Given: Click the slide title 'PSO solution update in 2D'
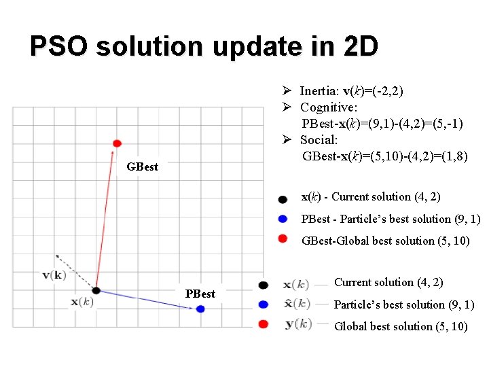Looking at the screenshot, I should (204, 47).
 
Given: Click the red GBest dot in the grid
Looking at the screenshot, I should (117, 143).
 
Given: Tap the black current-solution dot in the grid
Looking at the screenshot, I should (96, 290).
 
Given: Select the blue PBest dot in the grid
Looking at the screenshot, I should (200, 309).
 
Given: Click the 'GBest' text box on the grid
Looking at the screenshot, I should (142, 167).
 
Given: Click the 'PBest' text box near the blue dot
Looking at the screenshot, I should (200, 294).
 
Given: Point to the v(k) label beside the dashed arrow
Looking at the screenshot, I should (54, 275).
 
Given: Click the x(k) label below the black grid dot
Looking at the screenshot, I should (81, 302).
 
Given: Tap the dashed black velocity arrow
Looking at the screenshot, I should (75, 272).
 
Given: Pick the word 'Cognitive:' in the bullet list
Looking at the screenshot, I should (329, 107).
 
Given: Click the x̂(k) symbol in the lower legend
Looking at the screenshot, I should (296, 303).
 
